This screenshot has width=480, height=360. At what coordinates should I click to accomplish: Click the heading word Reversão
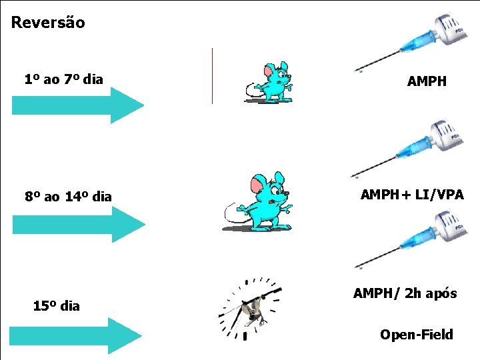coord(48,23)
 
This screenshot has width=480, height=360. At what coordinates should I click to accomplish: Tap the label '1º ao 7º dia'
coord(63,80)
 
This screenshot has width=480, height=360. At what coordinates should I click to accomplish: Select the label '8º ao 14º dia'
coord(68,197)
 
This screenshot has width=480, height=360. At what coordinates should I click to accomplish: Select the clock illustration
coord(250,308)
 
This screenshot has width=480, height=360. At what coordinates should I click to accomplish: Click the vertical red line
coord(212,75)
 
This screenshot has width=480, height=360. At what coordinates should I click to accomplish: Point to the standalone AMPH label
coord(427,82)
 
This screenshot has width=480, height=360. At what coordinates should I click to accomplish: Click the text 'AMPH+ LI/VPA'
coord(411,195)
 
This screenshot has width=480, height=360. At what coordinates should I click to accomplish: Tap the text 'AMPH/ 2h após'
coord(405,293)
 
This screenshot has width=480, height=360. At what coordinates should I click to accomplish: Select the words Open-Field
coord(416,335)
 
